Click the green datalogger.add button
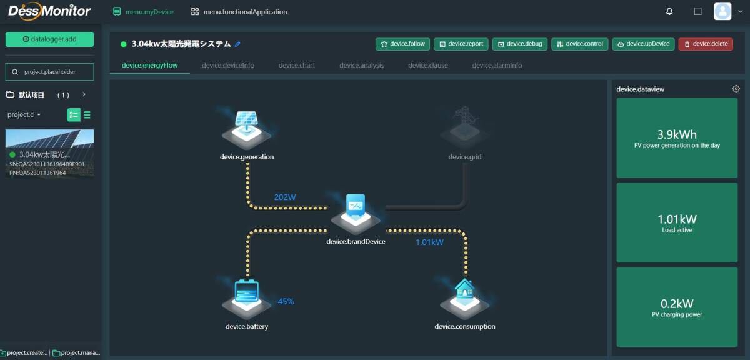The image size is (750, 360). pos(49,39)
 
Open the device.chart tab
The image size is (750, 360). pos(297,65)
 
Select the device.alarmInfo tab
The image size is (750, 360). pos(497,65)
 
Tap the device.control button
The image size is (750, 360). pos(579,44)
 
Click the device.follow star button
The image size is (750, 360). pos(402,44)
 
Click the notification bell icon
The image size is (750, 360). pos(669,11)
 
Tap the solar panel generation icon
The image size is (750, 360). pos(247,129)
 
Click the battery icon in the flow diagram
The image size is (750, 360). pos(247,298)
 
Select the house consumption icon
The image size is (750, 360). pos(465,298)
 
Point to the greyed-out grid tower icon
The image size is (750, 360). pos(465,127)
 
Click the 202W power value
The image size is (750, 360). pos(285,197)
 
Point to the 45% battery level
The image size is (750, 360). pos(286,301)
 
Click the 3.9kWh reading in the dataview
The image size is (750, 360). pos(677,134)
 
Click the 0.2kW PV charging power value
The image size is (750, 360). pos(677,304)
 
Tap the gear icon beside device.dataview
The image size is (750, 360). pos(736,89)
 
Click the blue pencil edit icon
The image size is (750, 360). pos(237,44)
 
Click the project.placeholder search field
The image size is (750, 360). pos(49,72)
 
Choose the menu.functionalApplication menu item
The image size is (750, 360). pos(239,12)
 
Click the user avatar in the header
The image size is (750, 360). pos(722,11)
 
